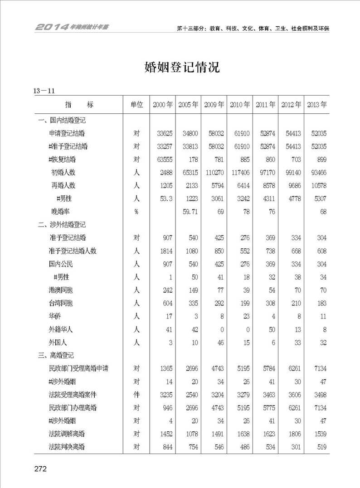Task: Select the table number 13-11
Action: pos(44,91)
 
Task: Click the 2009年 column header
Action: pos(214,105)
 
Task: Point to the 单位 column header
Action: pos(136,105)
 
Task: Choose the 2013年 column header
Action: pos(317,105)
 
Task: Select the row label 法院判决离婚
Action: pos(67,447)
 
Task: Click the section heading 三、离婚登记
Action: pos(56,355)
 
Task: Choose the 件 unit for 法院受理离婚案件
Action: pos(136,395)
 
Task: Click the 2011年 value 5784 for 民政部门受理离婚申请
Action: pos(267,368)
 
